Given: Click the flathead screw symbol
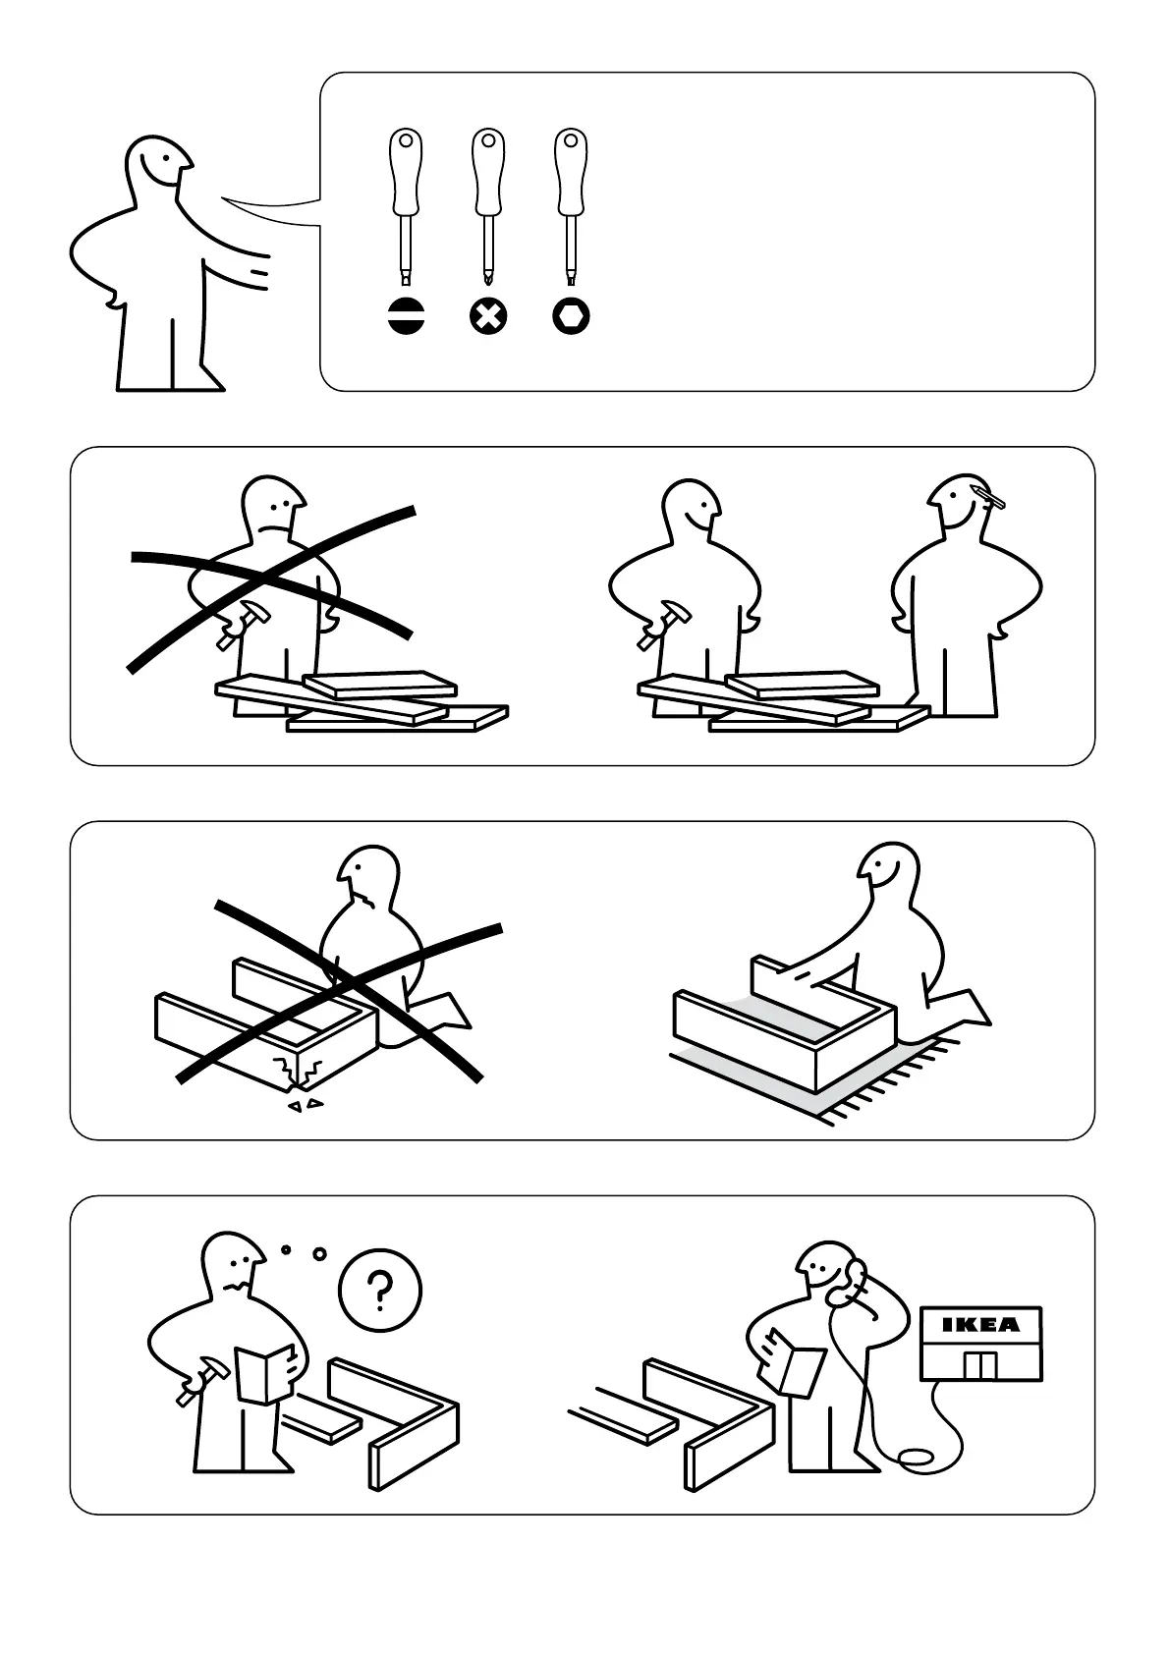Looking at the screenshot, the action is [406, 317].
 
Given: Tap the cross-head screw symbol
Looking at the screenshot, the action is [488, 317].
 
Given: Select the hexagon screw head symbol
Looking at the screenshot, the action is [571, 317].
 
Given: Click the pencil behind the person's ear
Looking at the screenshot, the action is [990, 497].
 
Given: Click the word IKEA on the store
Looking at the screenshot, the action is [981, 1325].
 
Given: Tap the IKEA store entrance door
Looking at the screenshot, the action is [980, 1366].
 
